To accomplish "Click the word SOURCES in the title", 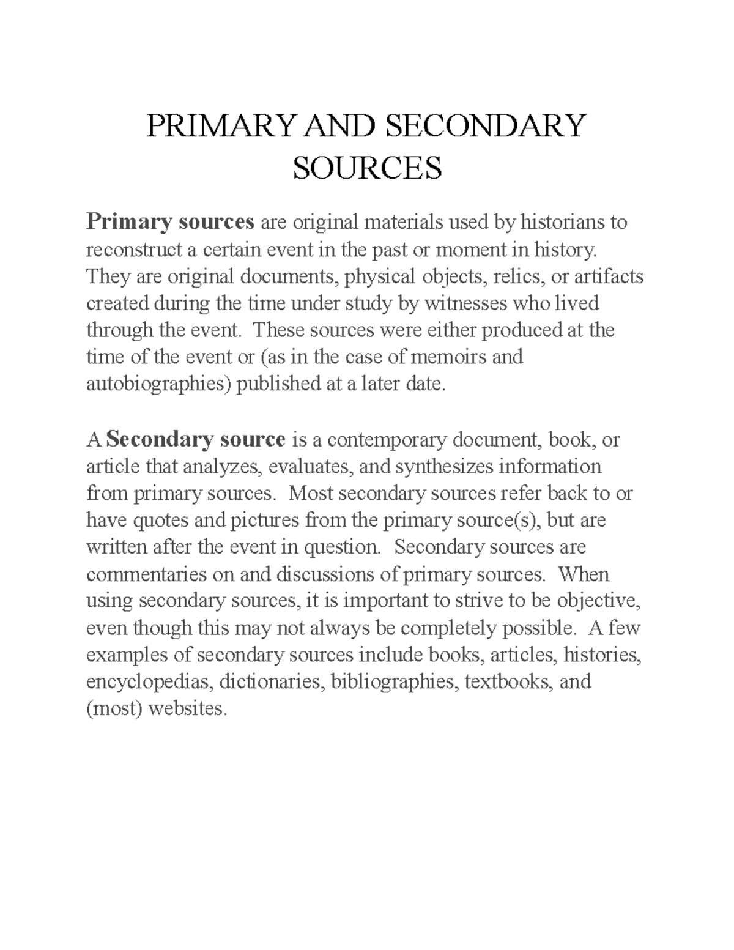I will (x=367, y=168).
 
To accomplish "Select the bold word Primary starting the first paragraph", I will (x=128, y=222).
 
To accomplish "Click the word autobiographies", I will (x=158, y=384).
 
